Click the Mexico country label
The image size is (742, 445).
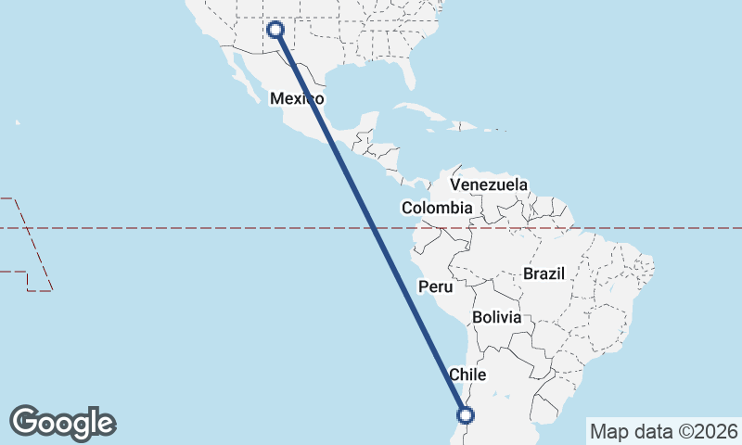pos(297,98)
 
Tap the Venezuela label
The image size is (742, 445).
pos(489,184)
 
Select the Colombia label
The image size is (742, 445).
pos(437,208)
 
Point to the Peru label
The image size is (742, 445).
pos(435,287)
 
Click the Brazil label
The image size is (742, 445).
pos(544,274)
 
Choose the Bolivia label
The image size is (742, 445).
pos(496,317)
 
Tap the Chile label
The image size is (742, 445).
pos(467,375)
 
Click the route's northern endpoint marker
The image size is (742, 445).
pos(275,29)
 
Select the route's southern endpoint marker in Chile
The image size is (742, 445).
pos(466,415)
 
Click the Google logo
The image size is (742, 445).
pos(62,422)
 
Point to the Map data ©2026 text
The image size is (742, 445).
pos(664,431)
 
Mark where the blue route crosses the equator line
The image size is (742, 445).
pos(374,227)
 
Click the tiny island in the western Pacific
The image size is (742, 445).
pos(18,121)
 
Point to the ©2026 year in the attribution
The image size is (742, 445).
pos(707,431)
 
